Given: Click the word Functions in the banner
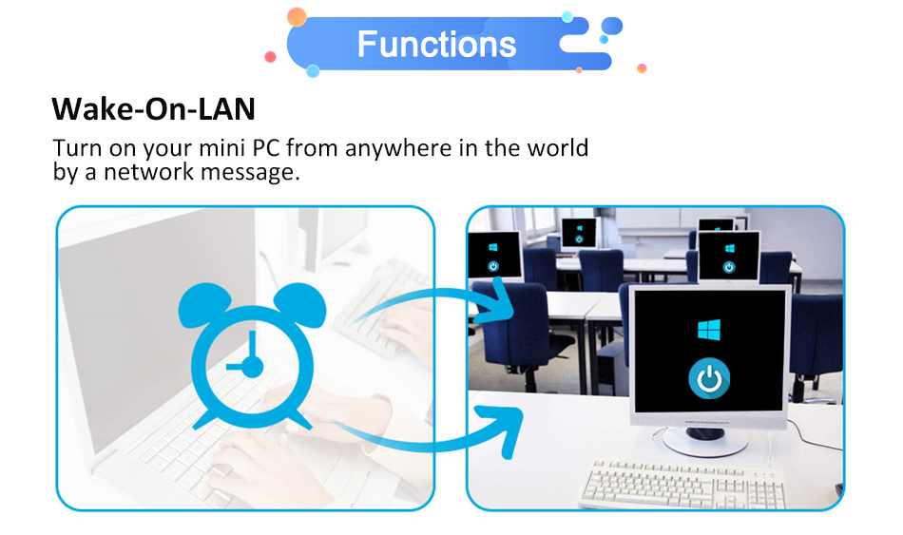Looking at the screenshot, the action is (436, 44).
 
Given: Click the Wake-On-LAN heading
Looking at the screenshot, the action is (153, 108).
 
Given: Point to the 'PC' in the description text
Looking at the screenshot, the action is (266, 148).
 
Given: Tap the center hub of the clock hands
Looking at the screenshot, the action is (252, 366).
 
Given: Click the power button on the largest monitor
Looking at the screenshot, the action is (709, 378).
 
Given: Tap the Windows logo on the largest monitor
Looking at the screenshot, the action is (709, 330).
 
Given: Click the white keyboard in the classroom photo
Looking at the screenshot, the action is (682, 484).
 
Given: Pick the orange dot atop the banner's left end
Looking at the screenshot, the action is (297, 17).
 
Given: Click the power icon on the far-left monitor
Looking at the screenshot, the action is (493, 266).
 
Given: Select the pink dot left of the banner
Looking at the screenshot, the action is (270, 56).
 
